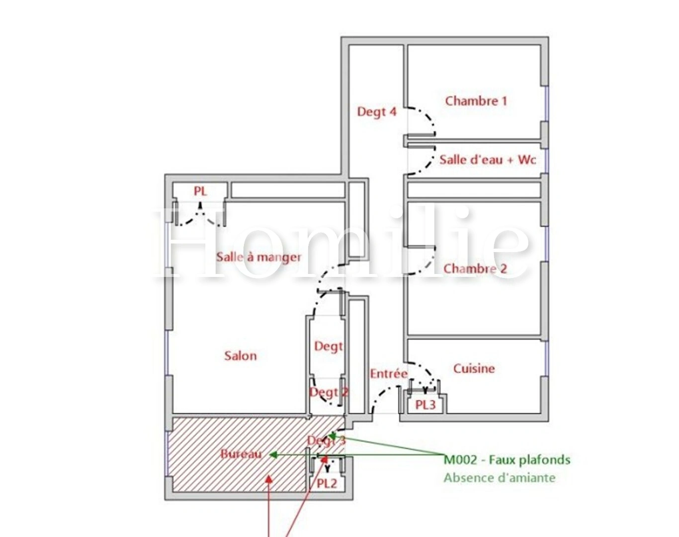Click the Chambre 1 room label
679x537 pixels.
pyautogui.click(x=476, y=101)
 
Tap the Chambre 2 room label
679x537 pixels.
pyautogui.click(x=475, y=268)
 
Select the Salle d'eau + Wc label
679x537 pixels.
pyautogui.click(x=487, y=160)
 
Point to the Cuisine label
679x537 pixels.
pyautogui.click(x=474, y=368)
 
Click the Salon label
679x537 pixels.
pyautogui.click(x=240, y=356)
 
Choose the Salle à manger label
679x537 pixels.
pyautogui.click(x=258, y=257)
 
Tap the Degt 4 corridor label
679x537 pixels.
pyautogui.click(x=377, y=112)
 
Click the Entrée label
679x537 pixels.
pyautogui.click(x=388, y=373)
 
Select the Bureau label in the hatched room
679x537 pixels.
pyautogui.click(x=241, y=453)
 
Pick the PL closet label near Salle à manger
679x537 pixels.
pyautogui.click(x=200, y=191)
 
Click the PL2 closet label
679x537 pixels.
pyautogui.click(x=327, y=483)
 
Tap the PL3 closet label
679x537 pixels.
pyautogui.click(x=425, y=405)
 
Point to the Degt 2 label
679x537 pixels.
pyautogui.click(x=329, y=392)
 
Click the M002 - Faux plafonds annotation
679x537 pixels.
pyautogui.click(x=507, y=459)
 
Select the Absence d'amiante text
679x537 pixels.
pyautogui.click(x=499, y=478)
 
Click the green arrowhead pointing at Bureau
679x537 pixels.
pyautogui.click(x=273, y=454)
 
